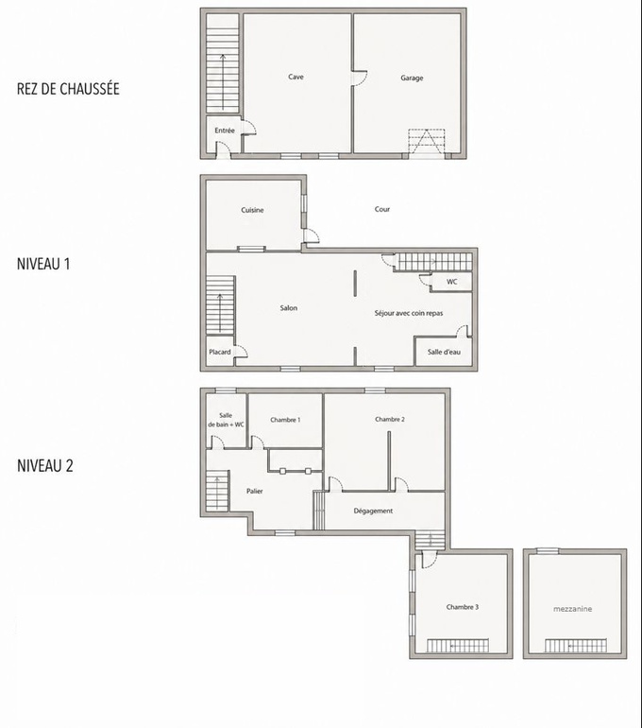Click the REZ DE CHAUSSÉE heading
(x=68, y=89)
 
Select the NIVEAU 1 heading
(x=43, y=264)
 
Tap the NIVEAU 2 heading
(x=45, y=466)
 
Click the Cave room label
(x=296, y=77)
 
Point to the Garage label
(x=412, y=78)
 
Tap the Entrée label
(x=225, y=130)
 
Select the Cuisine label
(x=252, y=210)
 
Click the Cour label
(x=382, y=209)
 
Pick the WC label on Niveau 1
(x=452, y=282)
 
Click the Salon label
(x=288, y=308)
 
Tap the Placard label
(x=220, y=352)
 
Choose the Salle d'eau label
(x=444, y=352)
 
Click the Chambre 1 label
(x=285, y=420)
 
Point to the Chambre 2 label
(x=390, y=419)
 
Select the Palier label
(x=255, y=491)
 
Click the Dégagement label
(x=373, y=511)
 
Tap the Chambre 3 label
(x=463, y=607)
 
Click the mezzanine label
(x=572, y=609)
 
